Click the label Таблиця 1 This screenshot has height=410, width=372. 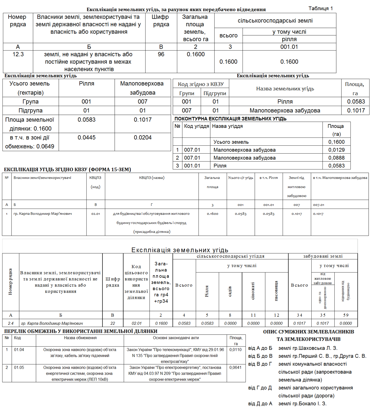click(320, 8)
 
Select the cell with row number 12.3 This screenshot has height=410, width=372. click(18, 54)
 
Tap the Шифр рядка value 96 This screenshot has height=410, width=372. click(161, 54)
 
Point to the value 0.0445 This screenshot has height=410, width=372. click(87, 137)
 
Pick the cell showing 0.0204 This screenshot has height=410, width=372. click(143, 137)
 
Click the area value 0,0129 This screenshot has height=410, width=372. click(336, 150)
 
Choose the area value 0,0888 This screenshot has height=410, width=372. click(336, 158)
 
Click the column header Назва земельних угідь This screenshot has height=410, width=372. click(285, 89)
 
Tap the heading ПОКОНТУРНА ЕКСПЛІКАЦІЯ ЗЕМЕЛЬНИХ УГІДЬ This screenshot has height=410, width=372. click(230, 119)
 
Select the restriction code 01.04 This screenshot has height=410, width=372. click(19, 350)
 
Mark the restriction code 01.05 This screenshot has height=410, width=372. click(19, 367)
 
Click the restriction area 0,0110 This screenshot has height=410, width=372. click(235, 350)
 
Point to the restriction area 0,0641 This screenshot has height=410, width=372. click(235, 367)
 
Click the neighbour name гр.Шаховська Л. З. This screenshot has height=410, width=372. click(308, 348)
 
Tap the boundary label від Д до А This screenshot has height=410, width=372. click(260, 403)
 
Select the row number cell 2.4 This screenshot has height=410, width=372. click(11, 323)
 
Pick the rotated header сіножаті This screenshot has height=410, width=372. click(253, 291)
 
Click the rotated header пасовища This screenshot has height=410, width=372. click(276, 291)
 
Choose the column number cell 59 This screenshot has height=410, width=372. click(346, 315)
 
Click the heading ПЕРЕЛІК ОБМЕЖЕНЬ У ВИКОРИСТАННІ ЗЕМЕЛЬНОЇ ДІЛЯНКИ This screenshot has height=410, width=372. click(81, 331)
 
